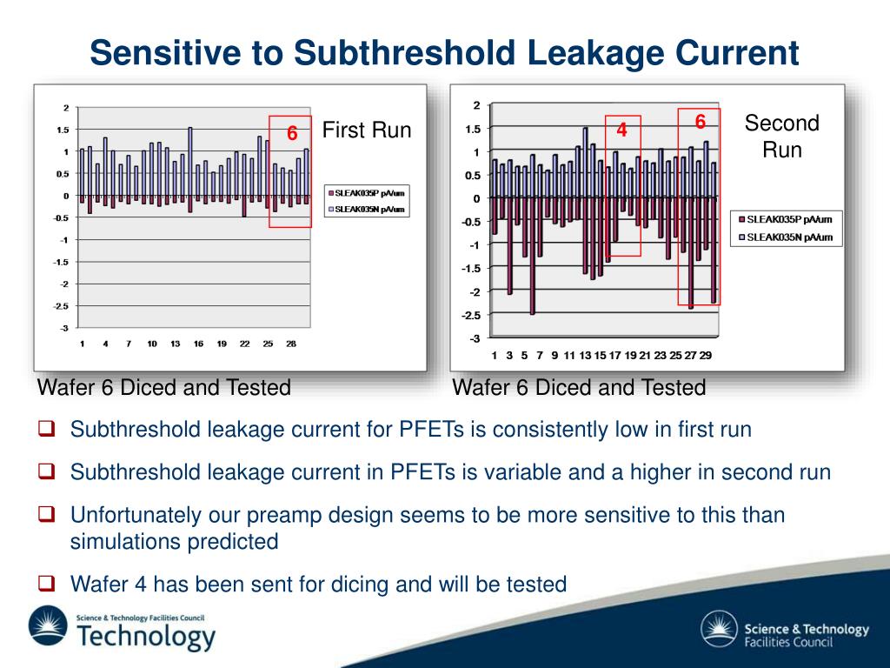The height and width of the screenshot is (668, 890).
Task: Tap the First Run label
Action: tap(366, 131)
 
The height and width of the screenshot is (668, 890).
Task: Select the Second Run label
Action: tap(781, 136)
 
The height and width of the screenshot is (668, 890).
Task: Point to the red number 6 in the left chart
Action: tap(292, 134)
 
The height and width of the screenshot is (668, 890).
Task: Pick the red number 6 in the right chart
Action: tap(700, 121)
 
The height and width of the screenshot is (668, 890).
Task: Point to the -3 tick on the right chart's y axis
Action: tap(474, 338)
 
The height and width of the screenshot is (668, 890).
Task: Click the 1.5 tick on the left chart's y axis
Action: tap(63, 130)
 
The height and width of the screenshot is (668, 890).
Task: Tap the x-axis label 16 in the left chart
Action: tap(198, 344)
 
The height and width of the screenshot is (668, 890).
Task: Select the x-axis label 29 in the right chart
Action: tap(706, 355)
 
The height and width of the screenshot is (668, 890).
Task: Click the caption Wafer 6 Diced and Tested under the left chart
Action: tap(163, 388)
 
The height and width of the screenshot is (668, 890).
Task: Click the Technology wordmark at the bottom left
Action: tap(145, 636)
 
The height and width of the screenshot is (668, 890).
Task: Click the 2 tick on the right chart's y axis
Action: tap(476, 106)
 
